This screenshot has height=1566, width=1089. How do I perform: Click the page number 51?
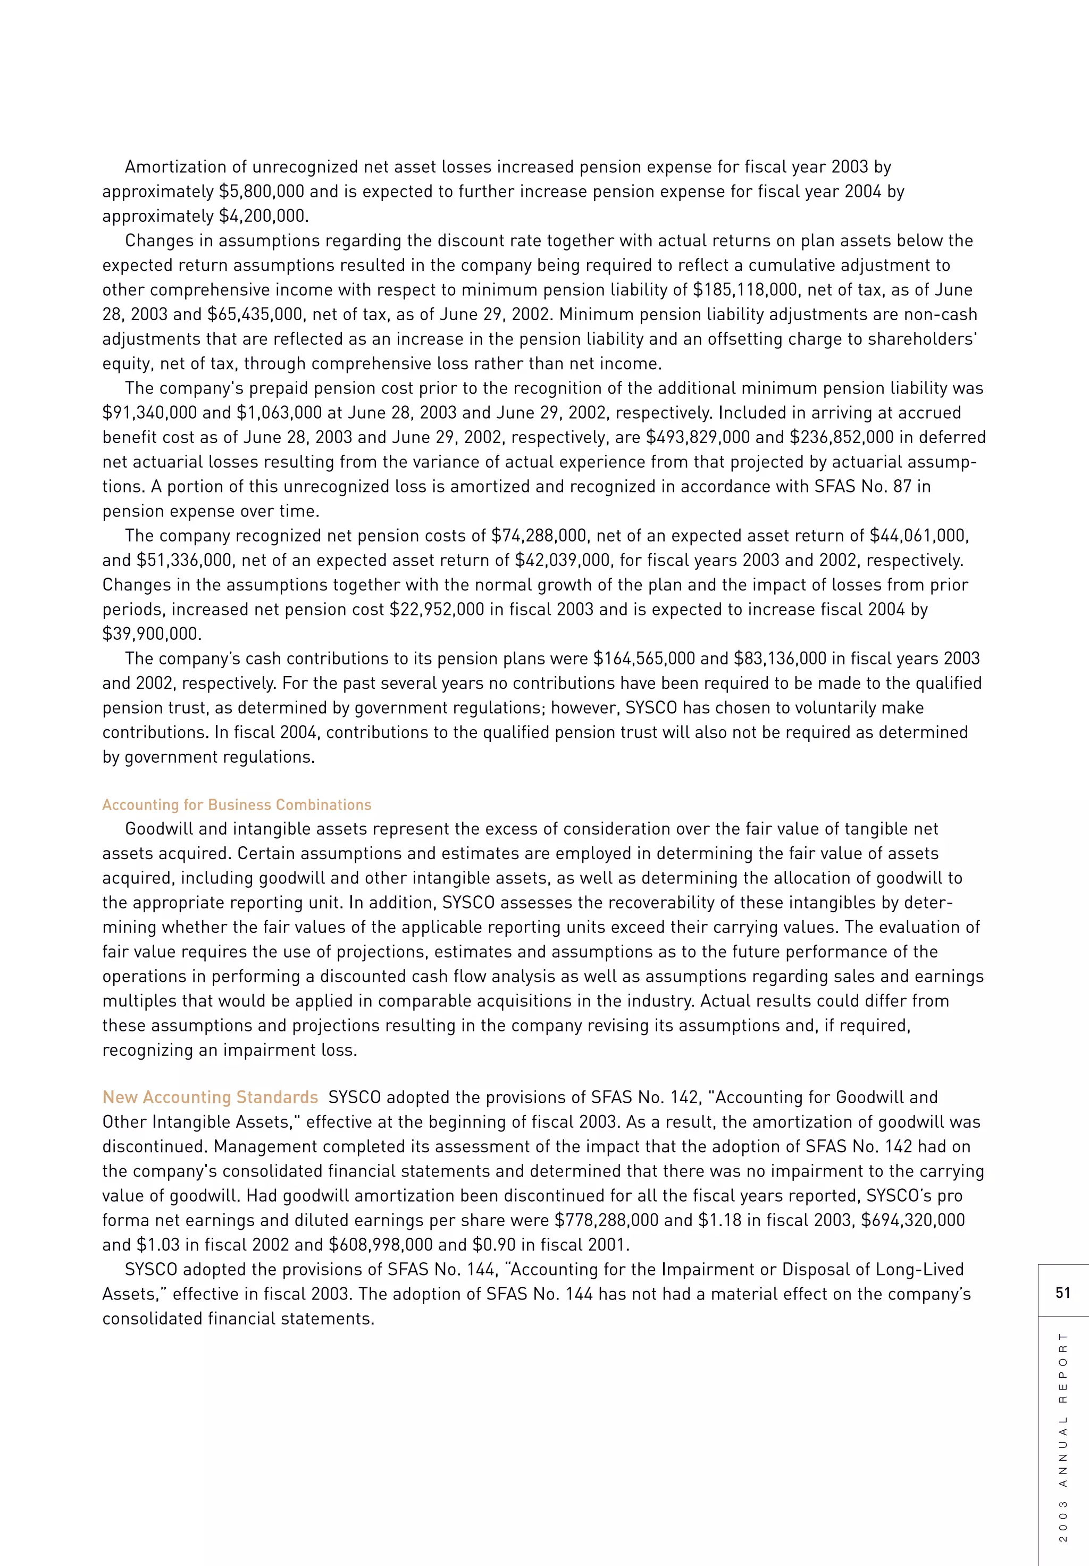point(1062,1293)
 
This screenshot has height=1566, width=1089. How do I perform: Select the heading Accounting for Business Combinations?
point(237,805)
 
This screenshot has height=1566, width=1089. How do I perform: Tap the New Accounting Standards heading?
point(210,1097)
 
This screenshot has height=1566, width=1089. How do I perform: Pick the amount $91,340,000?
point(149,413)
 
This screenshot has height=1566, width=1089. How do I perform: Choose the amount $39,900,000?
point(150,634)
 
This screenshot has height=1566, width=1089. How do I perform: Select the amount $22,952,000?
point(437,610)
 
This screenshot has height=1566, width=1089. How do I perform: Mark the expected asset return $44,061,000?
point(917,536)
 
